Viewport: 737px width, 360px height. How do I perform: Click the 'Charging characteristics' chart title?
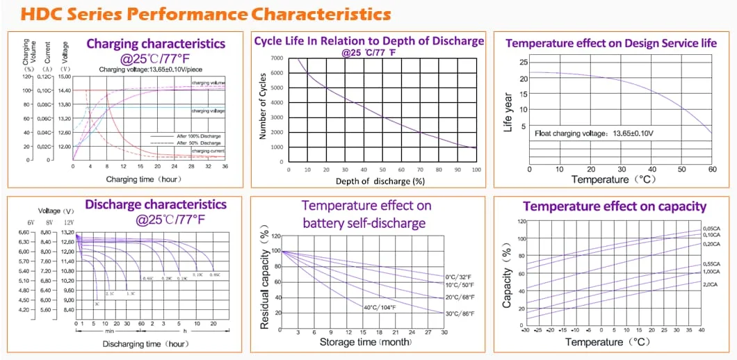click(156, 44)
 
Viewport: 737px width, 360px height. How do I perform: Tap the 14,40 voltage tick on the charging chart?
click(64, 90)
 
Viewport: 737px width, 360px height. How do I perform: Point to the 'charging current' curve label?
click(209, 151)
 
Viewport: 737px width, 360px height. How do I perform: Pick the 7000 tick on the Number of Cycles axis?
click(277, 58)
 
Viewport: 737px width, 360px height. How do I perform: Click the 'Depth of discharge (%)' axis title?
click(380, 181)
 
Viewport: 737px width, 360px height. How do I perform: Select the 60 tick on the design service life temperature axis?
click(711, 169)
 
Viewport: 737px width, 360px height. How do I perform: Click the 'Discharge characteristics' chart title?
click(156, 204)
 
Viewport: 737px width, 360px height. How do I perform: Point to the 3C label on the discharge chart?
click(96, 304)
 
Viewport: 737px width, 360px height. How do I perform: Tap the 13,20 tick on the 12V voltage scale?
click(67, 232)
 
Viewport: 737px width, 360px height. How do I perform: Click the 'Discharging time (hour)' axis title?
click(145, 343)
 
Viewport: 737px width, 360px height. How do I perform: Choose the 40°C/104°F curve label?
click(380, 307)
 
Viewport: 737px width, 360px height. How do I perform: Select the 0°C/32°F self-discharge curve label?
click(459, 277)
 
